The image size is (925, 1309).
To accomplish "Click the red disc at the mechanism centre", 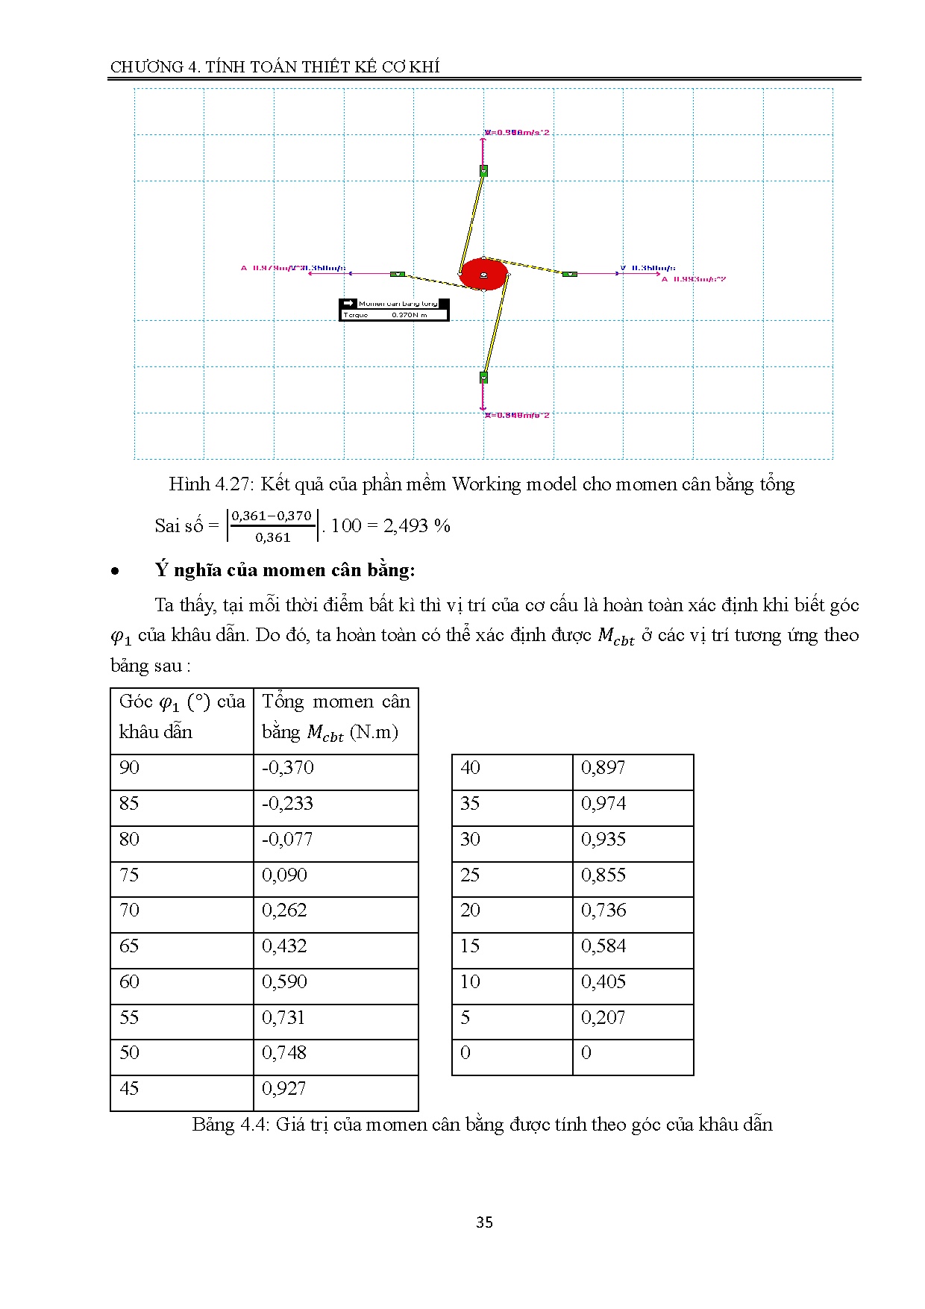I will coord(483,274).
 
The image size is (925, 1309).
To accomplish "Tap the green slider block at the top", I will coord(483,171).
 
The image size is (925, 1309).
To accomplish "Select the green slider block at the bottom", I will coord(483,378).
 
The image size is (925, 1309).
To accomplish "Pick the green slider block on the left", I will coord(398,274).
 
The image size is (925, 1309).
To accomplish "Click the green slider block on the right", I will coord(569,274).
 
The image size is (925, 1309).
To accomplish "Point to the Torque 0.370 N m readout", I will coord(394,315).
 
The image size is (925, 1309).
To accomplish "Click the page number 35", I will coord(484,1222).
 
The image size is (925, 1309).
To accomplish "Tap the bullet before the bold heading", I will coord(116,572).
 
